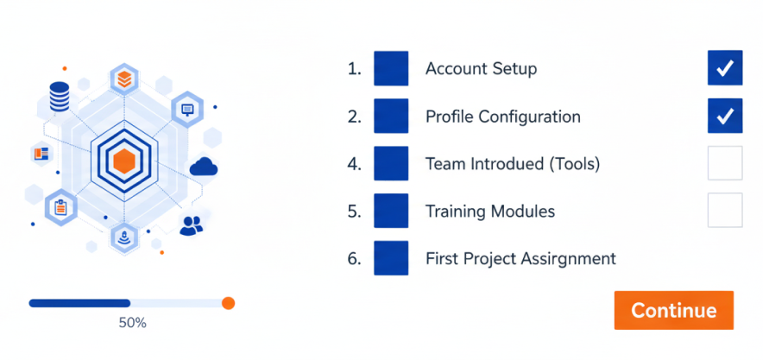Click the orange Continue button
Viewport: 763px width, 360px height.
tap(673, 311)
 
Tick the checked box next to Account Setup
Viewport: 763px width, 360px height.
tap(725, 68)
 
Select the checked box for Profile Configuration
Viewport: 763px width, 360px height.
tap(725, 116)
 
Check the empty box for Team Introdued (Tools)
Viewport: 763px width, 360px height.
tap(725, 163)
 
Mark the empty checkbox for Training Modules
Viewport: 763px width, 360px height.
tap(725, 210)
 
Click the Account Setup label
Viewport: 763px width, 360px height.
tap(482, 69)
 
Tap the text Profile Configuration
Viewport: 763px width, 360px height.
tap(503, 117)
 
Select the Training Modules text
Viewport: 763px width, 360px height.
tap(490, 212)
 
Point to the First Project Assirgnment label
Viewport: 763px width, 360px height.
tap(520, 259)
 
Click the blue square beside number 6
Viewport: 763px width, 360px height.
tap(391, 258)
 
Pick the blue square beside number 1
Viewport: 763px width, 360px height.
tap(391, 68)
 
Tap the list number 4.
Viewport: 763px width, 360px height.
tap(354, 164)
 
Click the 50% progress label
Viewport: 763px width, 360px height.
tap(132, 323)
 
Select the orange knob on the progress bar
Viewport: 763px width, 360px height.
tap(228, 304)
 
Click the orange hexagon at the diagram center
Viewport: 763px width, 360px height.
tap(123, 161)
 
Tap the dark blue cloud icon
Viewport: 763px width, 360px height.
tap(204, 167)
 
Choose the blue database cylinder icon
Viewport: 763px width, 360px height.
tap(60, 97)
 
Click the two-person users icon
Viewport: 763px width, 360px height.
tap(192, 225)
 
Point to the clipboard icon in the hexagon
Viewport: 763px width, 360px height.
tap(60, 207)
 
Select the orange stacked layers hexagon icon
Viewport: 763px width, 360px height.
tap(124, 79)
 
